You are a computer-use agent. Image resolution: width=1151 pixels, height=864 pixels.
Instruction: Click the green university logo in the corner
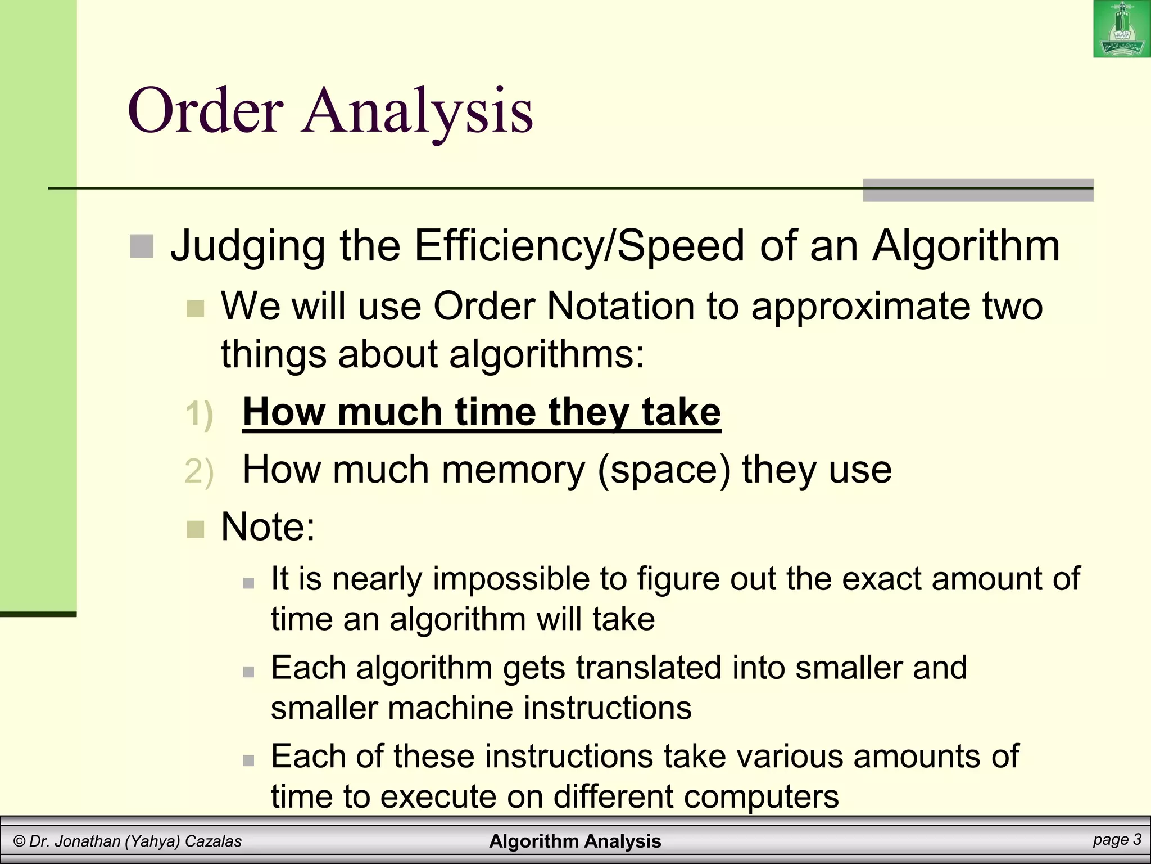(1122, 29)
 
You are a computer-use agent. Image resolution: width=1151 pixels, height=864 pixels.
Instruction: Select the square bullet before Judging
(141, 246)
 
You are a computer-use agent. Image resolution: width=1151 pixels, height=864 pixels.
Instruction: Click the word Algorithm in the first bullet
(966, 246)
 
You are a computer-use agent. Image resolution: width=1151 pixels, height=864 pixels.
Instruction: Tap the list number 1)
(199, 414)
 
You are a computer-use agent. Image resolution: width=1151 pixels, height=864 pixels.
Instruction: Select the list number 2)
(199, 471)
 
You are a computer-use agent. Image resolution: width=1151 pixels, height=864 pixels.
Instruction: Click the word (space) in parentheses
(664, 470)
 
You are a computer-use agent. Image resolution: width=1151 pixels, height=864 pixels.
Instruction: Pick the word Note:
(268, 527)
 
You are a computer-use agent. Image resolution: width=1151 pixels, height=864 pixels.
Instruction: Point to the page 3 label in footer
(1117, 840)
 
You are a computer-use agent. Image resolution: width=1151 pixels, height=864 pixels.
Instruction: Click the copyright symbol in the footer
(20, 841)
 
